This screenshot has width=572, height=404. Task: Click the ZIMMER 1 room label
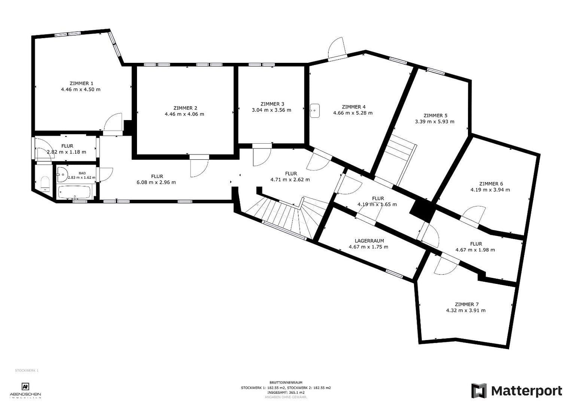[x=80, y=83]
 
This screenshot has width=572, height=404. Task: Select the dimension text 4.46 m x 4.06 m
[x=184, y=114]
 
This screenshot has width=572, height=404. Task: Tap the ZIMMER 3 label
[x=272, y=104]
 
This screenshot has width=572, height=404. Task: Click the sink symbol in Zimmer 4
[x=315, y=111]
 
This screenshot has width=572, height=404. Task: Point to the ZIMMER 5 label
[x=435, y=116]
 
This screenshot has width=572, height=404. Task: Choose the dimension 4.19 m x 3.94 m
[x=490, y=190]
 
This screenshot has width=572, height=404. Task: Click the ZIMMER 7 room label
[x=466, y=304]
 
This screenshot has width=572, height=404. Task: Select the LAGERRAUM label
[x=369, y=241]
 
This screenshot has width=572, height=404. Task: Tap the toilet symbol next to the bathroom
[x=45, y=183]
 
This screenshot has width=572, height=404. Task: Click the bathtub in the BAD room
[x=74, y=193]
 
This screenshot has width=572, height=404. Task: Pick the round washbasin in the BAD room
[x=62, y=173]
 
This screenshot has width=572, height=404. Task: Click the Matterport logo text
[x=526, y=391]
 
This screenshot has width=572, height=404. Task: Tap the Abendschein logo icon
[x=25, y=386]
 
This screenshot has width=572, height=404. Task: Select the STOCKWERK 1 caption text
[x=27, y=371]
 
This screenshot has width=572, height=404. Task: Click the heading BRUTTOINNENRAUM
[x=286, y=383]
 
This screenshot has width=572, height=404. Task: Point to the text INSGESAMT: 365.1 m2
[x=286, y=392]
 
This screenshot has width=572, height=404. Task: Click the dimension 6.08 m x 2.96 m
[x=156, y=183]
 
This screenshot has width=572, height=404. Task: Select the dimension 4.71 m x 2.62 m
[x=290, y=180]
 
